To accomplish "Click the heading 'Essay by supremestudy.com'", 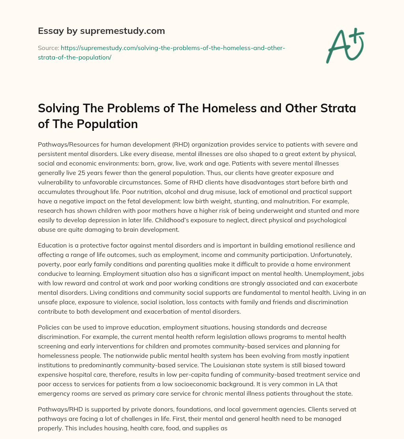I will [x=101, y=31].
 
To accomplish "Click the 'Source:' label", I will [x=49, y=48].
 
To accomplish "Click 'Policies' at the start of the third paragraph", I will [x=50, y=327].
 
